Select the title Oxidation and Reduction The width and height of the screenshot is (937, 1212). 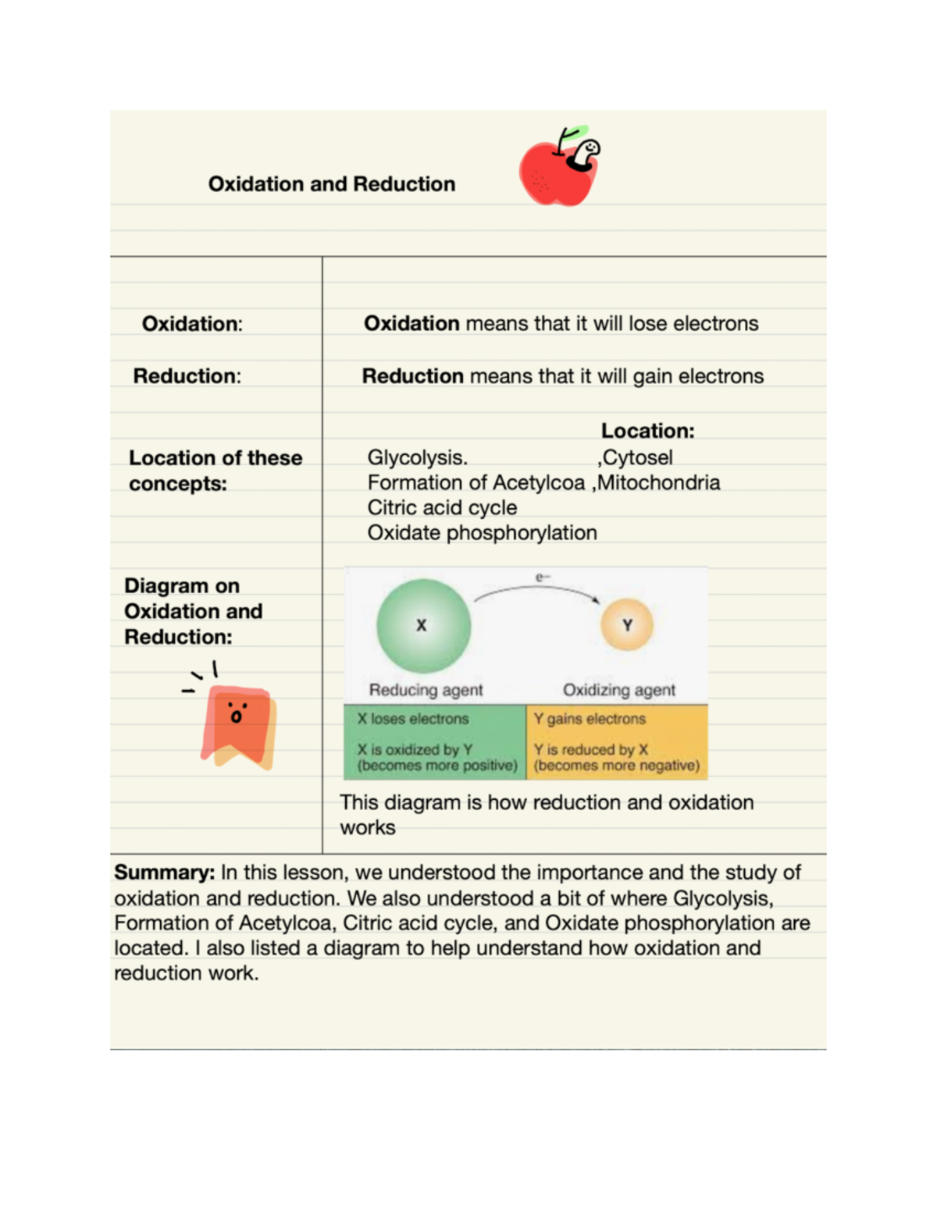click(332, 184)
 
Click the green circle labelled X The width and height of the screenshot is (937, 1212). click(423, 625)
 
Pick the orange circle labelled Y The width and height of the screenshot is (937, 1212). click(627, 625)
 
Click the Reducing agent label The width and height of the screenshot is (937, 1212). click(426, 690)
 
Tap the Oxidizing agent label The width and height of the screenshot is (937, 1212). click(619, 690)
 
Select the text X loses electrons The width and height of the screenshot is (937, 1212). click(413, 719)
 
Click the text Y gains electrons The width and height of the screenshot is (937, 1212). click(590, 719)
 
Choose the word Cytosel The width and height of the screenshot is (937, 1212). click(637, 457)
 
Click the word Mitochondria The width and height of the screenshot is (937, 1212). click(658, 482)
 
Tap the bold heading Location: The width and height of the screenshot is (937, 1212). click(647, 431)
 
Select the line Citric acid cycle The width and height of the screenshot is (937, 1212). click(442, 507)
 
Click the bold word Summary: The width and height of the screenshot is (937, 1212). click(164, 873)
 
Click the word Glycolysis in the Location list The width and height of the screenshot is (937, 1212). click(416, 457)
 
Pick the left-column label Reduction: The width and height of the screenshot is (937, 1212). click(187, 376)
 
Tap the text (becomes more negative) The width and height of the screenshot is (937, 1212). click(616, 766)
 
